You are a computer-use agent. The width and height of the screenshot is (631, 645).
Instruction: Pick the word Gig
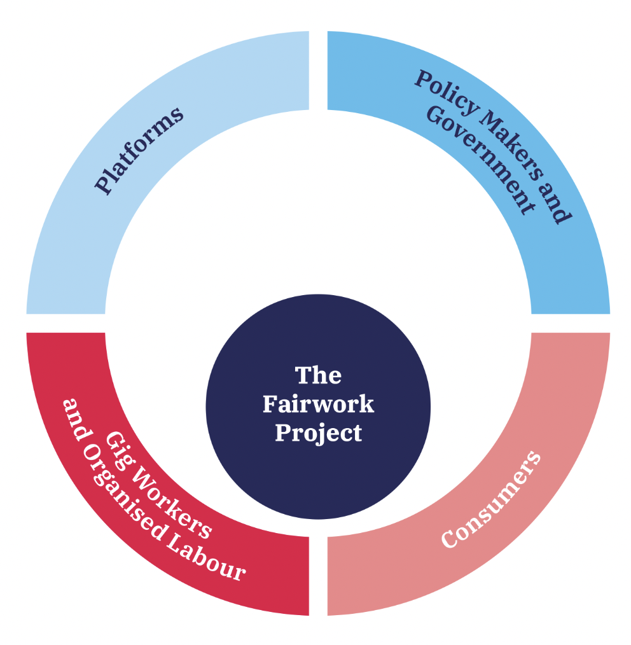(x=118, y=446)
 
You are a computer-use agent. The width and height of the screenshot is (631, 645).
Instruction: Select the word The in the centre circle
(x=318, y=375)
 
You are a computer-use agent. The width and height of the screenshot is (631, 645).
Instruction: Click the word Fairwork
(x=318, y=404)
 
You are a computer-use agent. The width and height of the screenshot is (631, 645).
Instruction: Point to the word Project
(x=318, y=433)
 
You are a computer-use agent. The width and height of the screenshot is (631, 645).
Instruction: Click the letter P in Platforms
(x=102, y=185)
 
